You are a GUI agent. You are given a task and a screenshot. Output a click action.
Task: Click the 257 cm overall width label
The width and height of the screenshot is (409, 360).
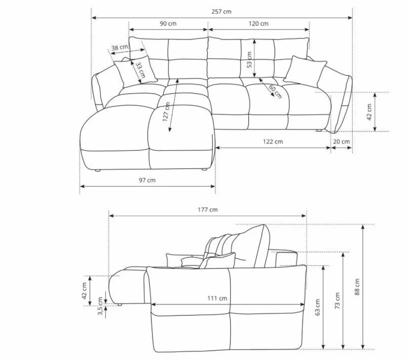221,11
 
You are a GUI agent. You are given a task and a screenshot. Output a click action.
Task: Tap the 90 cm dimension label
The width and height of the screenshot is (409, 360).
168,24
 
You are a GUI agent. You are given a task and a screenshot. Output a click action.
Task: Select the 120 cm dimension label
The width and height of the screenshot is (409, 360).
258,24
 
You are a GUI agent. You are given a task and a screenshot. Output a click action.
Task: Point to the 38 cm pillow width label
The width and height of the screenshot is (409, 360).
120,48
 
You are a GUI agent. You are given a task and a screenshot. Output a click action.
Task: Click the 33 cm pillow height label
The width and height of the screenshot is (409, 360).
140,70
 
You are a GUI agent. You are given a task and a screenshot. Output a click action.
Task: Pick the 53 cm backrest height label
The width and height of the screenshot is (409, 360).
249,60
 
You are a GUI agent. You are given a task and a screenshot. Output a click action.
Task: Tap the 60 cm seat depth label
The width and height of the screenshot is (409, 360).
275,92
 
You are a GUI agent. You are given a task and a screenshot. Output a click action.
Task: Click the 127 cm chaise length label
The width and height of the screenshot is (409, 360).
166,112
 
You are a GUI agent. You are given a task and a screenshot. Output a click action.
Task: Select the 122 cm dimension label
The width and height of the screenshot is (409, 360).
272,141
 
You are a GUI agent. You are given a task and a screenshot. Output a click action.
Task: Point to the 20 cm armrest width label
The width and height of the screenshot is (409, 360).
341,141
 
